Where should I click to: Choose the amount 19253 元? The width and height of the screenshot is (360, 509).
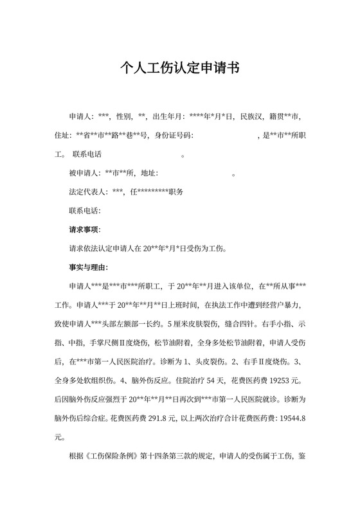coord(287,380)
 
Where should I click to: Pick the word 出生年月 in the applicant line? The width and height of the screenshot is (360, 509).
coord(168,117)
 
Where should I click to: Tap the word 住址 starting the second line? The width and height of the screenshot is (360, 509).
coord(64,136)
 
